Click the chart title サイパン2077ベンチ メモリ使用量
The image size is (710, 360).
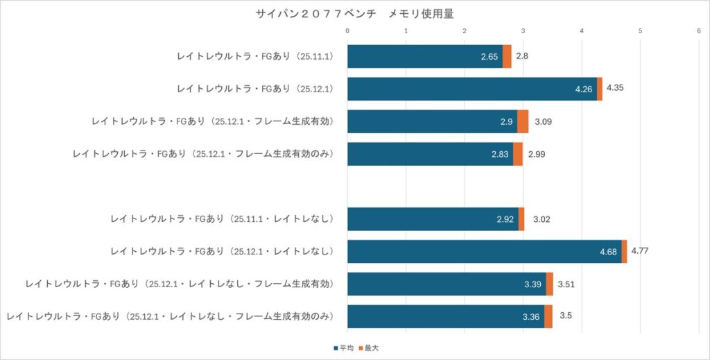[x=354, y=13]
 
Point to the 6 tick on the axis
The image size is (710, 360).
[x=699, y=31]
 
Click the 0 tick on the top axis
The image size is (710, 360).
[x=347, y=31]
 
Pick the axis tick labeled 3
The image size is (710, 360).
[x=523, y=31]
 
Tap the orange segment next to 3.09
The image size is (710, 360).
[x=523, y=121]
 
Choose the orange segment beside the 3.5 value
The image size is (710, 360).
[x=548, y=316]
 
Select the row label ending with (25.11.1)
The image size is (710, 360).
[x=256, y=56]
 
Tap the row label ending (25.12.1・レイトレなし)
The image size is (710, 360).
[x=223, y=251]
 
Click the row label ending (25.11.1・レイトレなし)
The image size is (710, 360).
[x=223, y=218]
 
